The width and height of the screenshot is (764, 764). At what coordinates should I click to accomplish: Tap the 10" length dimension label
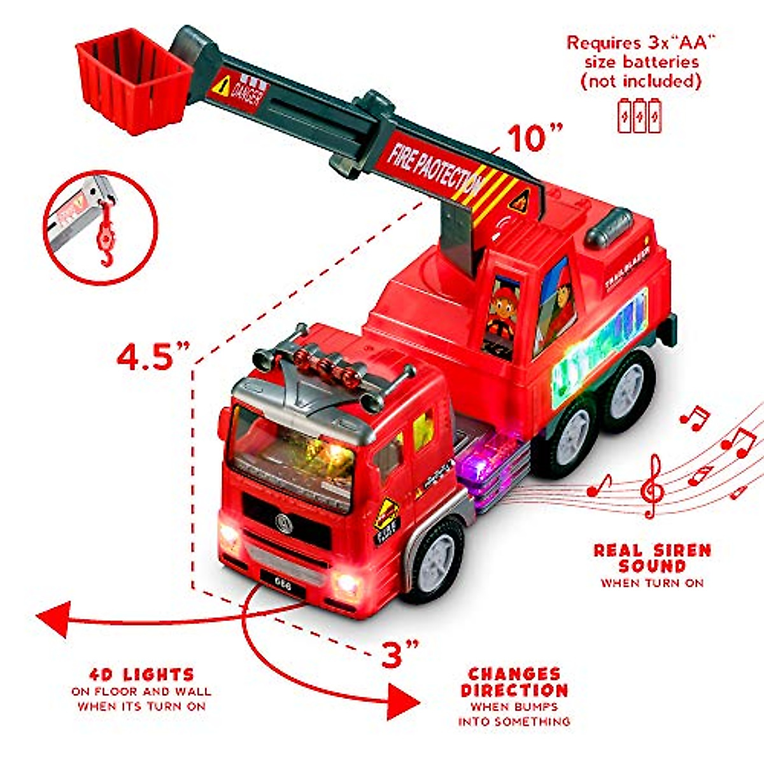[x=535, y=138]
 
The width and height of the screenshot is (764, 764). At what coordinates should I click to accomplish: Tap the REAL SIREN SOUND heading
[x=652, y=558]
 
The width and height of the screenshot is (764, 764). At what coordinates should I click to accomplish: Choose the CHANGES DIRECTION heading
[x=514, y=682]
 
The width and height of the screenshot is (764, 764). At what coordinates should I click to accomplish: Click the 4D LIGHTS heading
[x=141, y=674]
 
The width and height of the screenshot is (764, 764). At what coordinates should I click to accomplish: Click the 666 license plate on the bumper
[x=283, y=585]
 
